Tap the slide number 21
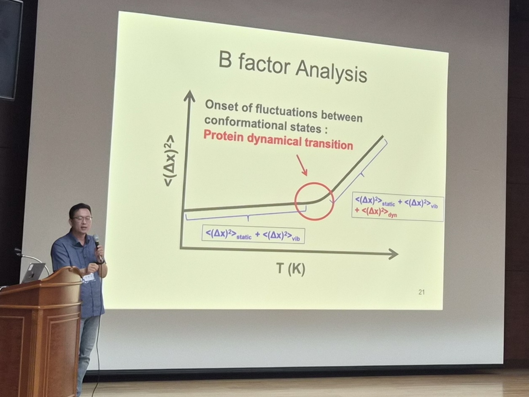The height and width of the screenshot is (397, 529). (421, 292)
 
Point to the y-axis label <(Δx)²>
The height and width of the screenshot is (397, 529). (170, 161)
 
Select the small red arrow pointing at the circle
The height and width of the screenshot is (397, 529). (302, 165)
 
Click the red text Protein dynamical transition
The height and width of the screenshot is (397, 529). (278, 140)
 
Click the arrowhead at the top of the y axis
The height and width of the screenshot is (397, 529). (190, 95)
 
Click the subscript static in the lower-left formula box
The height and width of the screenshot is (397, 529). (244, 237)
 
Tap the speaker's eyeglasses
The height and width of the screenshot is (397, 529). (82, 219)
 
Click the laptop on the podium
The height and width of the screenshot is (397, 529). (34, 272)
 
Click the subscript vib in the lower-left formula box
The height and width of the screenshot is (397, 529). (296, 239)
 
